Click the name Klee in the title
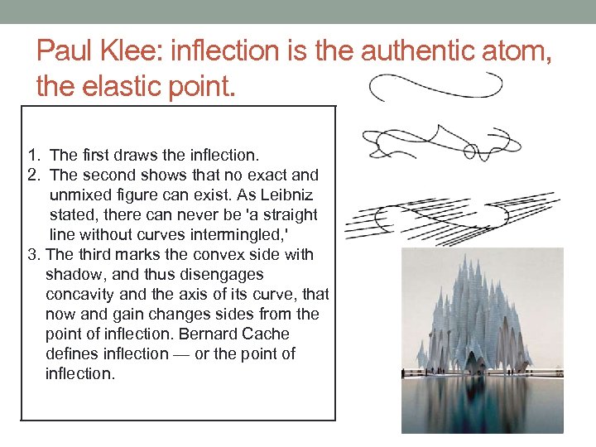click(x=130, y=51)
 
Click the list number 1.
click(x=31, y=155)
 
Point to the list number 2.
click(x=31, y=175)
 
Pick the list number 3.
click(x=32, y=254)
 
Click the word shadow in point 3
click(x=71, y=274)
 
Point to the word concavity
click(x=77, y=294)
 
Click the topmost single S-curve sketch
click(x=435, y=86)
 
